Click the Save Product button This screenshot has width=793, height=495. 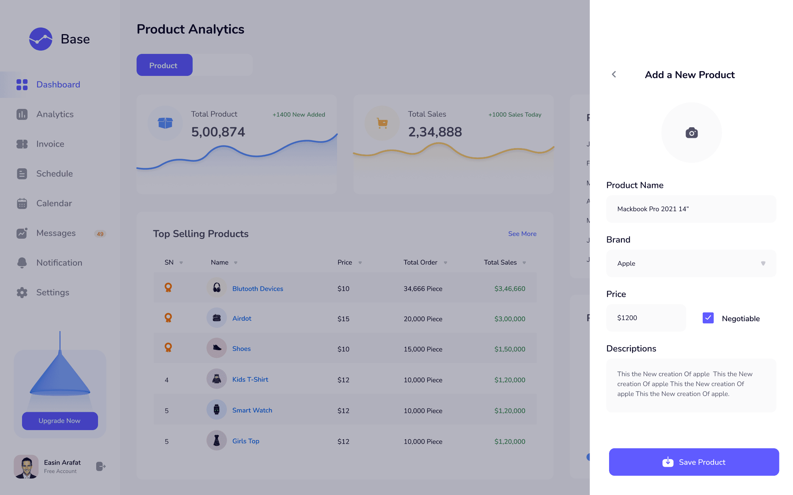point(694,462)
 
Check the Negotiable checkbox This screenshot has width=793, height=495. point(708,318)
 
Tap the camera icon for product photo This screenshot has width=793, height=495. point(692,133)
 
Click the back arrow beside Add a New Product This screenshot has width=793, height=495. point(614,74)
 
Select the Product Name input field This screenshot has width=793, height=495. point(691,209)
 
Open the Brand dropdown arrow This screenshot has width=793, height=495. point(763,263)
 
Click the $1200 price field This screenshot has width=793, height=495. point(646,318)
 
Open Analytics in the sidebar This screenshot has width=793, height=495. point(55,114)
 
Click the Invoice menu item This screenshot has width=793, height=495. point(50,144)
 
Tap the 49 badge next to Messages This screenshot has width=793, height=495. point(100,234)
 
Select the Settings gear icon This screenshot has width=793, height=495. point(22,293)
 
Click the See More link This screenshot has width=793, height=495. point(522,234)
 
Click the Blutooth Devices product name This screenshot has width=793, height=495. point(258,289)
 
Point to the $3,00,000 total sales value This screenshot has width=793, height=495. point(510,319)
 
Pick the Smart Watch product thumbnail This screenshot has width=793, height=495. point(217,410)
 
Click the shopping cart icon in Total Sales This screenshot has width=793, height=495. point(382,123)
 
